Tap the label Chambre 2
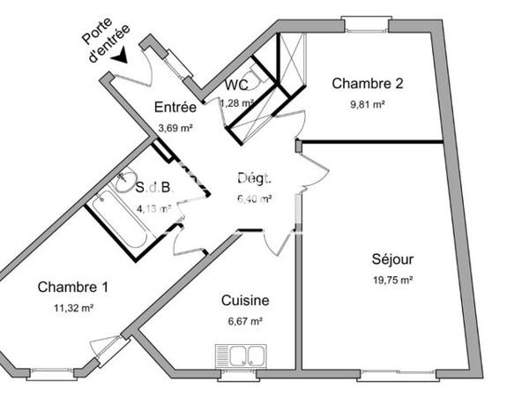coord(367,84)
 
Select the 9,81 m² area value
coord(367,103)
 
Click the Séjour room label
coord(392,259)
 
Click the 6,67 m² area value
coord(244,321)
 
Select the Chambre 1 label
coord(73,287)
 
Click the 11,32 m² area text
coord(73,308)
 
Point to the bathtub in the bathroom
coord(121,218)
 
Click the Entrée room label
coord(175,108)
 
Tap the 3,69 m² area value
coord(174,127)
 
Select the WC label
coord(235,86)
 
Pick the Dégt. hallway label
coord(253,178)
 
